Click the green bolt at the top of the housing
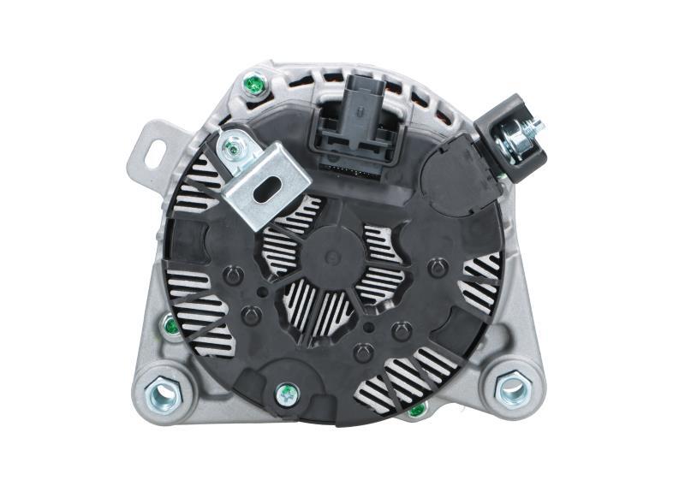point(252,85)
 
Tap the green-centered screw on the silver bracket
point(231,150)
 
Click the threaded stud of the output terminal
point(534,129)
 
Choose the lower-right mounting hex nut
point(513,388)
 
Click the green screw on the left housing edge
point(171,326)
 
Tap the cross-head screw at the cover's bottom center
point(288,394)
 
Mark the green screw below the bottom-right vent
point(417,412)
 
